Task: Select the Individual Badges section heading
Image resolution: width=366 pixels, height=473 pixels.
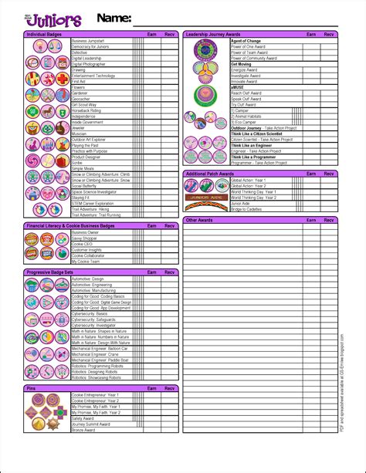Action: (46, 35)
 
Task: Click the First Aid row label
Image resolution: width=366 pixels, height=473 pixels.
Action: (79, 81)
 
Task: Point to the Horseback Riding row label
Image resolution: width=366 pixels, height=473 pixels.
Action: (86, 110)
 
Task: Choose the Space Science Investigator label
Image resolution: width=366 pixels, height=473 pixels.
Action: (93, 191)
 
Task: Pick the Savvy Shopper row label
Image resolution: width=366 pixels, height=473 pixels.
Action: (85, 238)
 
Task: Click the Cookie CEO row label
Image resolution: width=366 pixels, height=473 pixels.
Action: (82, 244)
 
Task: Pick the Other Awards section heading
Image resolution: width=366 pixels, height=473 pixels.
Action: (200, 220)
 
